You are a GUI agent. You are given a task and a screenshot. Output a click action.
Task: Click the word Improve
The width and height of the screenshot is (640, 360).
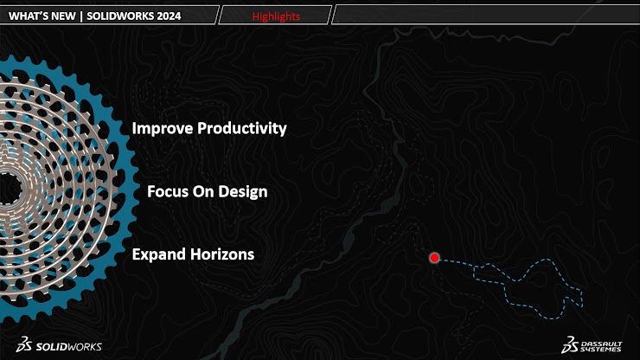(x=163, y=129)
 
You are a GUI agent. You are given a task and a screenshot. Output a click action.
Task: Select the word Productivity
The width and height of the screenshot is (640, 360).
(x=242, y=129)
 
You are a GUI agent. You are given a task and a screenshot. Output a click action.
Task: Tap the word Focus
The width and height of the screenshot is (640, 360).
(x=168, y=191)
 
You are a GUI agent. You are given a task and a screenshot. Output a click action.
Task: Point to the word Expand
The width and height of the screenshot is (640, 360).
(x=159, y=254)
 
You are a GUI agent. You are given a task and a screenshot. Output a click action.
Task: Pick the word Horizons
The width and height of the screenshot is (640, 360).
(x=222, y=254)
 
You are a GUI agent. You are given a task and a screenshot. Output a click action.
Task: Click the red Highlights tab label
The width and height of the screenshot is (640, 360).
(x=276, y=16)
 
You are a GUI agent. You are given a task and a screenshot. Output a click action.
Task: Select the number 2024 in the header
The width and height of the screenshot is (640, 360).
(x=168, y=16)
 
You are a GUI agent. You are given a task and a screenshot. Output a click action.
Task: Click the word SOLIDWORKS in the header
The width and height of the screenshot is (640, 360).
(x=120, y=16)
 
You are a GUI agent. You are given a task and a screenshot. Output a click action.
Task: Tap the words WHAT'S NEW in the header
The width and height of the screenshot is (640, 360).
(x=42, y=16)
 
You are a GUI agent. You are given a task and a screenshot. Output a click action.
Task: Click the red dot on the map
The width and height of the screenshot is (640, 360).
(x=434, y=257)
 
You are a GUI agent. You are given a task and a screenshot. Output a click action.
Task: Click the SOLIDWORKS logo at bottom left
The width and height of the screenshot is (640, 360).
(x=59, y=345)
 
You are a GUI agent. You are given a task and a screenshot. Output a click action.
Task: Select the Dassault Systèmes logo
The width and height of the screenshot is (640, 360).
(x=592, y=345)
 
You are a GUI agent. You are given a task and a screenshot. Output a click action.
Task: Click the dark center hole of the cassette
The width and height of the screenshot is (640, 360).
(x=8, y=189)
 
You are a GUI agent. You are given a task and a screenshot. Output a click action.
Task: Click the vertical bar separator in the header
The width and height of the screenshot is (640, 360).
(x=81, y=16)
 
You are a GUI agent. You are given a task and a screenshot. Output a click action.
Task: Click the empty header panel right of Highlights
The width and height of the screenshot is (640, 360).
(x=486, y=15)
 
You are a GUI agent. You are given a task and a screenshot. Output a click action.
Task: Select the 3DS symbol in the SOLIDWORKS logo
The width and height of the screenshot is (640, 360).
(x=24, y=344)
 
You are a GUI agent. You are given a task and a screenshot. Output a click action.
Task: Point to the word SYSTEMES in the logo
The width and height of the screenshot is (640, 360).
(x=601, y=350)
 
